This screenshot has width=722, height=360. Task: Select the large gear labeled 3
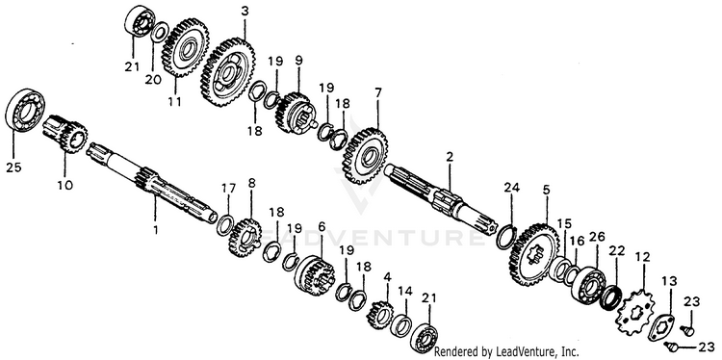[x=227, y=72]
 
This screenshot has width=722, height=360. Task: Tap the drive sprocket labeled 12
[x=636, y=312]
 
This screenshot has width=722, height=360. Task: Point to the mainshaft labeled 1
[x=152, y=185]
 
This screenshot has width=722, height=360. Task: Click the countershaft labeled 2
[x=441, y=197]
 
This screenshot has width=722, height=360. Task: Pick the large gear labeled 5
[x=534, y=254]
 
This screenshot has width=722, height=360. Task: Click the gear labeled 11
[x=185, y=47]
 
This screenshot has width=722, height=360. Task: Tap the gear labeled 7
[x=365, y=156]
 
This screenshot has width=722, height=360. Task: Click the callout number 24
[x=511, y=188]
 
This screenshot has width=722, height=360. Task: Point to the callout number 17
[x=228, y=189]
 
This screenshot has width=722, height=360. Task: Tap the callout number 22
[x=616, y=251]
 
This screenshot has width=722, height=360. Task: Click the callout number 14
[x=405, y=291]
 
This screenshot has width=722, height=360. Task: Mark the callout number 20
[x=153, y=79]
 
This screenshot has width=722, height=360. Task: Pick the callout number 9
[x=298, y=61]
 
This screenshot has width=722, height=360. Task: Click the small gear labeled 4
[x=380, y=315]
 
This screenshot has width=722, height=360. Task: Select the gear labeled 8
[x=245, y=238]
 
